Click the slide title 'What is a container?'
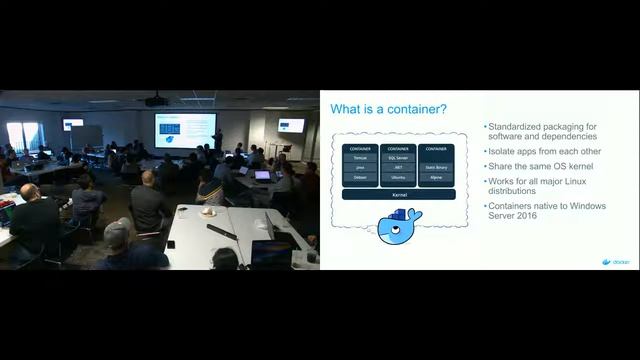pyautogui.click(x=389, y=109)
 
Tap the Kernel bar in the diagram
pyautogui.click(x=398, y=194)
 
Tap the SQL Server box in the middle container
pyautogui.click(x=398, y=158)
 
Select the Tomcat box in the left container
pyautogui.click(x=360, y=158)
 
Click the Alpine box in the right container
pyautogui.click(x=436, y=176)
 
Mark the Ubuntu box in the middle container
pyautogui.click(x=398, y=176)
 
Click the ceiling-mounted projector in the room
pyautogui.click(x=155, y=100)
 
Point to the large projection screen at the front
pyautogui.click(x=184, y=129)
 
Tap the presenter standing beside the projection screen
pyautogui.click(x=218, y=139)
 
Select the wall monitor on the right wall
pyautogui.click(x=291, y=125)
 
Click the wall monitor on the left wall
pyautogui.click(x=73, y=124)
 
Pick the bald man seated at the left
pyautogui.click(x=32, y=215)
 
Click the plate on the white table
pyautogui.click(x=208, y=211)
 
